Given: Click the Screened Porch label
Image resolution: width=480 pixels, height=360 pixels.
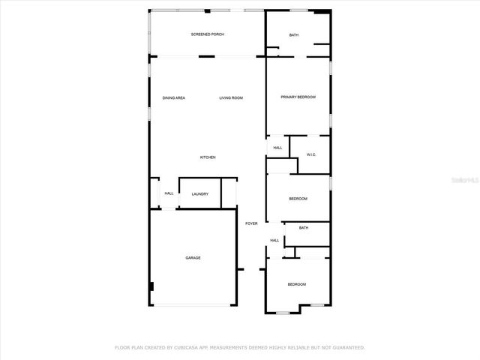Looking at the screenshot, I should pyautogui.click(x=207, y=34).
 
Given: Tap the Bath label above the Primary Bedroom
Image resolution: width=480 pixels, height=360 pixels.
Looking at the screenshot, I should pyautogui.click(x=294, y=34).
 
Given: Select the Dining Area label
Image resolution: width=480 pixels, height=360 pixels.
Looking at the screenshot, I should pyautogui.click(x=174, y=97).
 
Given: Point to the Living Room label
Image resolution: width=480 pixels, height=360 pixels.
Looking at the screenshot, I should pyautogui.click(x=231, y=97).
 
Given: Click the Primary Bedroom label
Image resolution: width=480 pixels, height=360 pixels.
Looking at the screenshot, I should pyautogui.click(x=298, y=97).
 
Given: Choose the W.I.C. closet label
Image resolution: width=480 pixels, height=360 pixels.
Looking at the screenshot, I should pyautogui.click(x=311, y=154).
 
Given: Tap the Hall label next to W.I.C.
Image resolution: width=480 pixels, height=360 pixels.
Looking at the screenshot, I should pyautogui.click(x=277, y=148).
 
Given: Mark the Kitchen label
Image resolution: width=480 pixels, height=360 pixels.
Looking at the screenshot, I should pyautogui.click(x=208, y=157).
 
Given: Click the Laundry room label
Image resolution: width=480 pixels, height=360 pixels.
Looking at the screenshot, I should pyautogui.click(x=200, y=194).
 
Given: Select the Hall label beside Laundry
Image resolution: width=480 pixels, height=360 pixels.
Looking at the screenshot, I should pyautogui.click(x=169, y=194).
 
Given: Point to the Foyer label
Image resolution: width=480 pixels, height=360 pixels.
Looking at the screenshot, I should pyautogui.click(x=251, y=223).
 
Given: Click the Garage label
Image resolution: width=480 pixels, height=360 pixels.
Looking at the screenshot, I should pyautogui.click(x=193, y=257).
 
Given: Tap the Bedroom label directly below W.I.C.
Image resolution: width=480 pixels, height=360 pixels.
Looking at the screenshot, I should pyautogui.click(x=298, y=198).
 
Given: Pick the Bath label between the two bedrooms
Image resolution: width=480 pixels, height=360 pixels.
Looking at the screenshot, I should pyautogui.click(x=304, y=227).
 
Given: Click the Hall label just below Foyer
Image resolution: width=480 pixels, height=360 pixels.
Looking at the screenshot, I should pyautogui.click(x=274, y=240).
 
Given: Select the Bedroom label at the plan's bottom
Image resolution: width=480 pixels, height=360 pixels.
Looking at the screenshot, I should pyautogui.click(x=297, y=284).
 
